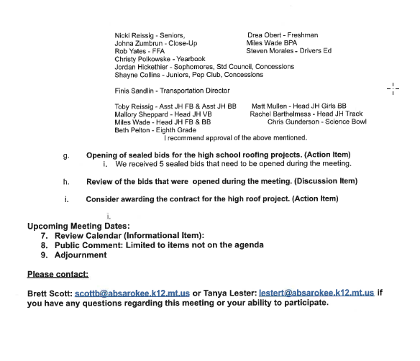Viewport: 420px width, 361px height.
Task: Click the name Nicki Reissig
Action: [134, 35]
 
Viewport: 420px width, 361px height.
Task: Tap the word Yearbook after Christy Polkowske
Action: [188, 59]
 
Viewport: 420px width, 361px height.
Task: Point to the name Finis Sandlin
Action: [134, 91]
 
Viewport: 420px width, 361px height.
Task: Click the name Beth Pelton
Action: [133, 130]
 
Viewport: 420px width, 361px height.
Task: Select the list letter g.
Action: [66, 155]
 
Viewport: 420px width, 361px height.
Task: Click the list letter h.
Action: [66, 181]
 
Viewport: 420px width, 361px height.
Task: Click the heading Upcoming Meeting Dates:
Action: [73, 227]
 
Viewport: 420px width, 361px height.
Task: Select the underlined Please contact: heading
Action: [58, 274]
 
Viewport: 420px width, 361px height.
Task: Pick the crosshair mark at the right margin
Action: [393, 89]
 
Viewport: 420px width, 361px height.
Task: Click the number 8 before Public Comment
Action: [44, 245]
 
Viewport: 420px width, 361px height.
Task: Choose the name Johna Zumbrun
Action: [139, 43]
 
